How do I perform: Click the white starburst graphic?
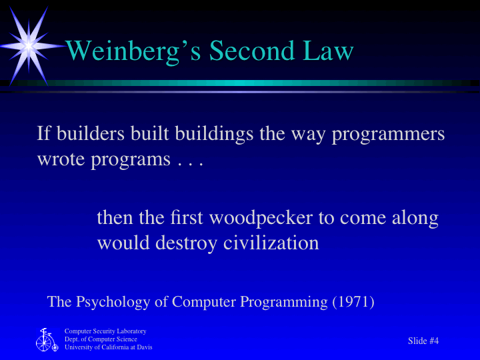click(29, 45)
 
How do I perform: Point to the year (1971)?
click(353, 302)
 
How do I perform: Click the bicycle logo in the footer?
click(46, 340)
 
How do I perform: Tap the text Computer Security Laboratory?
click(105, 331)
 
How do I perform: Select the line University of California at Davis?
click(108, 347)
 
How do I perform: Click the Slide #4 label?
click(423, 341)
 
